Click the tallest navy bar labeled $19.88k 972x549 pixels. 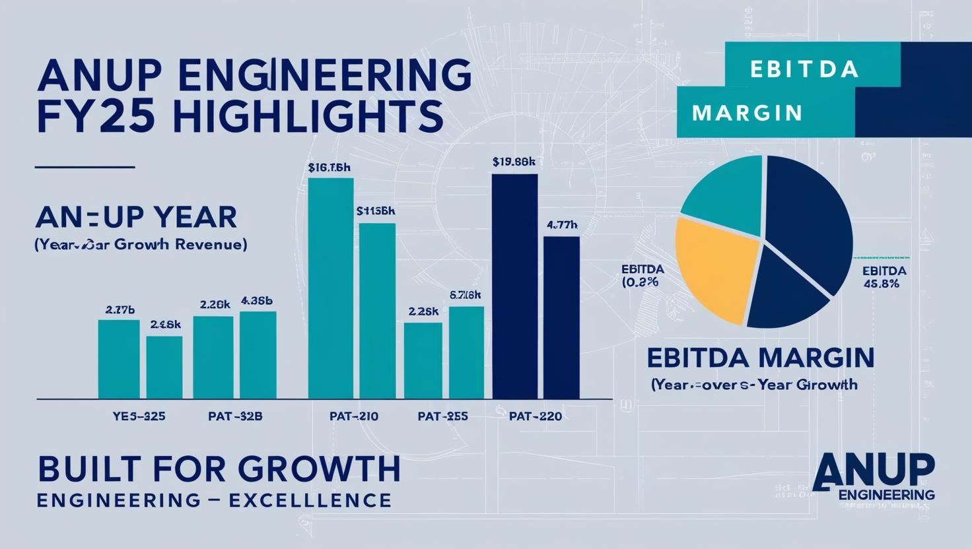514,286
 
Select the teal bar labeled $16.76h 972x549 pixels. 330,288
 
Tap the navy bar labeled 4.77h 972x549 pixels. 561,317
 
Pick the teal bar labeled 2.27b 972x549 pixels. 119,359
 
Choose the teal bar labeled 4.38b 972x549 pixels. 258,355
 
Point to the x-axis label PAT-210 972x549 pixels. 353,417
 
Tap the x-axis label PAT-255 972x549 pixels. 442,417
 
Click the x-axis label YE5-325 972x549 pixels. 139,417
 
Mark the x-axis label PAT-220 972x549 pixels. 536,417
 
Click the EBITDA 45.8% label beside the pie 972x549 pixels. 884,277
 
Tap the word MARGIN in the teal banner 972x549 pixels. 747,113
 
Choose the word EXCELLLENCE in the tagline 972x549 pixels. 310,500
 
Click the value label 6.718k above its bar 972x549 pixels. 465,295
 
